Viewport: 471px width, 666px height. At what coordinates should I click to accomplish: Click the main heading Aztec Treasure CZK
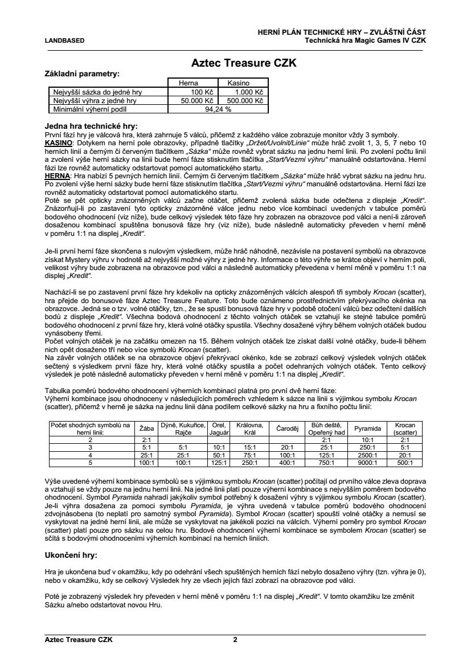[x=243, y=63]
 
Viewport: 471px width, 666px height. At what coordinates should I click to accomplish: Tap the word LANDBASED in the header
[x=64, y=40]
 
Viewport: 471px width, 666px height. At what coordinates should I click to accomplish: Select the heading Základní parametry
[x=82, y=74]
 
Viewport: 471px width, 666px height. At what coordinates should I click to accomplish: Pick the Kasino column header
[x=239, y=83]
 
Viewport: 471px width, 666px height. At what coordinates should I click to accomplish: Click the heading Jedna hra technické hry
[x=91, y=126]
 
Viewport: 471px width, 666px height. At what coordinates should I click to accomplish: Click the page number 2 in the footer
[x=235, y=640]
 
